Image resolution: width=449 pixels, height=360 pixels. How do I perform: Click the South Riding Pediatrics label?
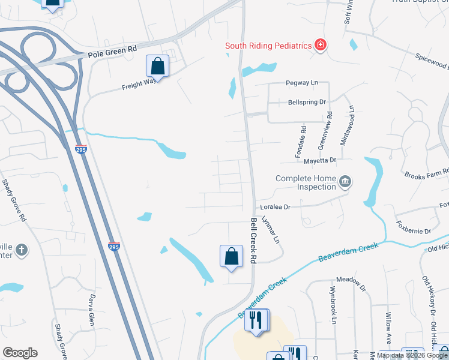[x=268, y=46]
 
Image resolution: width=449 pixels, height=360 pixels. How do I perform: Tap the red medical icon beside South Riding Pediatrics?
[x=321, y=45]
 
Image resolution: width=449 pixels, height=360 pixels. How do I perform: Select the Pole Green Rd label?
[x=112, y=54]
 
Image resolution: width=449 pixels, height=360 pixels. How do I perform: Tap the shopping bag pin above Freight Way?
[x=157, y=65]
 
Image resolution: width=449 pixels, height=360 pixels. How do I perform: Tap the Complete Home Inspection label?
[x=306, y=182]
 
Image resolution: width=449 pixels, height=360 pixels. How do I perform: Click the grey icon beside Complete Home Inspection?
[x=345, y=181]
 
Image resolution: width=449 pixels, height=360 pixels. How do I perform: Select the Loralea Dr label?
[x=276, y=206]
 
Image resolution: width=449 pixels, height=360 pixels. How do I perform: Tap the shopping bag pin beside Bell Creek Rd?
[x=231, y=256]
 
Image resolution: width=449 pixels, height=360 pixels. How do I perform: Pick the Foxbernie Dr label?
[x=414, y=230]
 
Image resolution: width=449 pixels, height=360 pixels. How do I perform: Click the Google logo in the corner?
[x=20, y=353]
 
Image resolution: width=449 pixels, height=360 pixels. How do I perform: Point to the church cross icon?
[x=21, y=250]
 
